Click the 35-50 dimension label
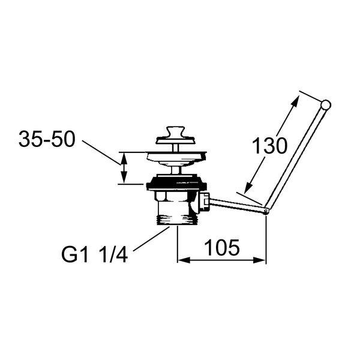click(x=47, y=139)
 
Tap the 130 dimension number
click(x=269, y=146)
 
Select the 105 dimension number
click(x=222, y=248)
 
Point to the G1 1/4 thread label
click(x=94, y=255)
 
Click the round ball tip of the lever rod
click(x=326, y=104)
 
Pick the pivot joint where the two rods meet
click(x=266, y=211)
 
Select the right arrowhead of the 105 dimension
click(x=259, y=260)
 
